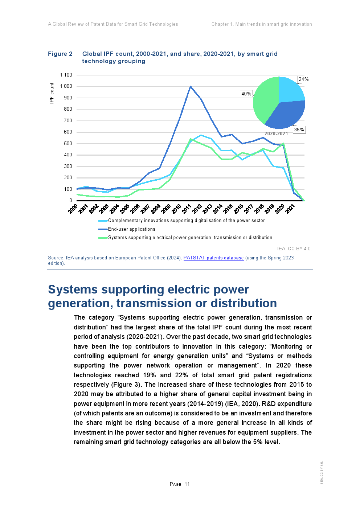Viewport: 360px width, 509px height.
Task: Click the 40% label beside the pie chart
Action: point(246,94)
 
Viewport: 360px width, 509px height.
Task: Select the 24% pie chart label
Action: point(303,79)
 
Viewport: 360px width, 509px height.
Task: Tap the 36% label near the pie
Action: point(299,130)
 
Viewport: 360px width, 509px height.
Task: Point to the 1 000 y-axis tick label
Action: point(66,86)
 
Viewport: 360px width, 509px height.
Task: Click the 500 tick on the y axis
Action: point(68,143)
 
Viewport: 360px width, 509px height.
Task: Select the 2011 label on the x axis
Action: point(187,209)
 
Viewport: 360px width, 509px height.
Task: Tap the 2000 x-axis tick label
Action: point(73,209)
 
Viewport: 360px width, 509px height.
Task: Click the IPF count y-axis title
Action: point(52,93)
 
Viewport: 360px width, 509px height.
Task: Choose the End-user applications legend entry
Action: point(131,229)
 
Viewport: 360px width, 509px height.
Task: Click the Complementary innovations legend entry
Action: point(186,221)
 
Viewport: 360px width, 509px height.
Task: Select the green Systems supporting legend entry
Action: point(190,238)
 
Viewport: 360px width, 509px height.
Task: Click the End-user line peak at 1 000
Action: point(190,86)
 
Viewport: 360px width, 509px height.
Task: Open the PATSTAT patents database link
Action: point(213,258)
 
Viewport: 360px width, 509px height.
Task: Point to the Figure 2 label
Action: point(60,54)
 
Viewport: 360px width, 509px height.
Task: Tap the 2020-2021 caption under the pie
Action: point(276,134)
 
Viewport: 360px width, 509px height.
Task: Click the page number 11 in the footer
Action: point(187,484)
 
